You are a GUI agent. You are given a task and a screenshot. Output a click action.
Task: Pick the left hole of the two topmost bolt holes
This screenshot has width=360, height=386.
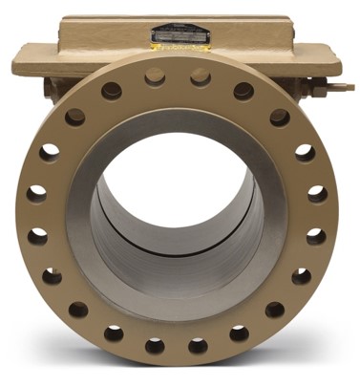click(x=155, y=76)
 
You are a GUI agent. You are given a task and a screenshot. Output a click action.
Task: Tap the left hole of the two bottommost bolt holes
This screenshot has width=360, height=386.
click(x=154, y=345)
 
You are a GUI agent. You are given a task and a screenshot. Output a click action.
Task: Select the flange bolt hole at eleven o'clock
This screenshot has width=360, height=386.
click(x=112, y=91)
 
